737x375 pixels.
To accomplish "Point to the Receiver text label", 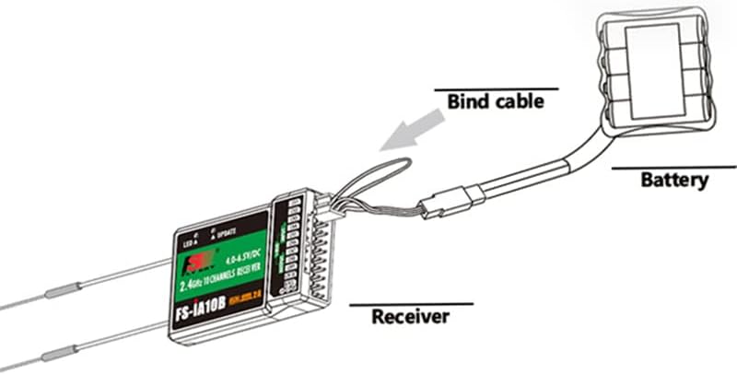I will click(410, 318).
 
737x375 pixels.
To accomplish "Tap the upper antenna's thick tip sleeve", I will click(60, 295).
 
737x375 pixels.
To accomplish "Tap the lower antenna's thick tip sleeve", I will click(61, 351).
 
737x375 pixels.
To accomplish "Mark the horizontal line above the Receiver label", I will click(410, 304).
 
